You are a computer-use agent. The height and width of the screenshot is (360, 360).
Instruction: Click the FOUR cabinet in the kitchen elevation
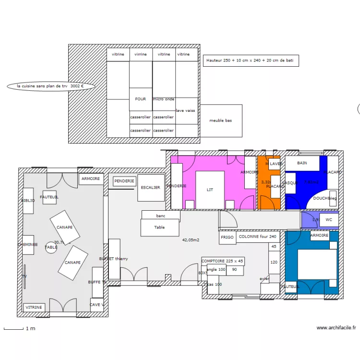coord(141,99)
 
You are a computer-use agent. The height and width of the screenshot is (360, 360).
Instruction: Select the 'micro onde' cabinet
coord(164,99)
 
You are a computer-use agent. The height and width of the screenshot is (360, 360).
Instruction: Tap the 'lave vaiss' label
coord(186,110)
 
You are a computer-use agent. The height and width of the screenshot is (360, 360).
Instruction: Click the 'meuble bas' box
coord(221,120)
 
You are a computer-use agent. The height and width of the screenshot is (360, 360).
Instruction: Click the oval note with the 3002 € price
coord(50,86)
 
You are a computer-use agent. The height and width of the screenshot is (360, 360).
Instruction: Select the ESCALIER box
coord(151,188)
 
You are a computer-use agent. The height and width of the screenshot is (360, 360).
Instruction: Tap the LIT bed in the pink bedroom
coord(210,190)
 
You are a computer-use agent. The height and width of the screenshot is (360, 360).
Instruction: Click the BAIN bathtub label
coord(302,163)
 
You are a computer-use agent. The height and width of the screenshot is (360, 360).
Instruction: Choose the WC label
coord(329,220)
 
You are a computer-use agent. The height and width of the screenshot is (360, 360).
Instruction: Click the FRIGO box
coord(228,237)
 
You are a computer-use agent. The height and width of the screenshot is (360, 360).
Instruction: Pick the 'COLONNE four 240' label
coord(258,237)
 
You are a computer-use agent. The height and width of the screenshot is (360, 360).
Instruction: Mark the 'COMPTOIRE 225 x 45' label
coord(223,261)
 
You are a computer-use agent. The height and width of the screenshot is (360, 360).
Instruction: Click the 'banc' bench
coord(161,216)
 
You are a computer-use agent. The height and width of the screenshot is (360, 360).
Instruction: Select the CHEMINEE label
coord(27,244)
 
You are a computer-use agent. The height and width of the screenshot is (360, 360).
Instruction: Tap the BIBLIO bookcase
coord(28,200)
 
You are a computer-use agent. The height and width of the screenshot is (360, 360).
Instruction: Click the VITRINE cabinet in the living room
coord(34,307)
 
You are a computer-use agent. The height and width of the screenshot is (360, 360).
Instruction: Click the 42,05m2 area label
coord(191,240)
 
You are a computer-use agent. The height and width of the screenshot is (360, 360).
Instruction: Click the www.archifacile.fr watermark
coord(336,328)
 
